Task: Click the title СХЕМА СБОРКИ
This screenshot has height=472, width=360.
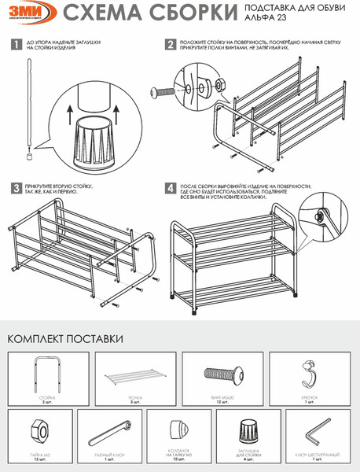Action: (149, 14)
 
